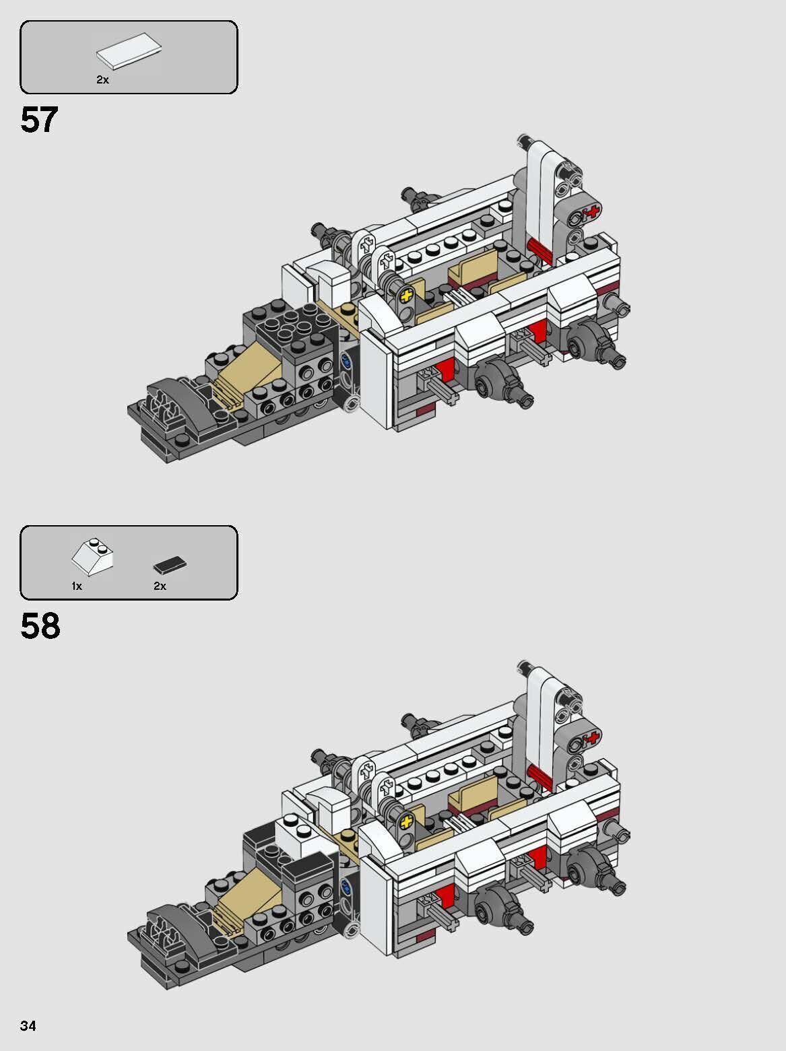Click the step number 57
[x=39, y=120]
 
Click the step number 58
[x=40, y=625]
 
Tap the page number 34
[x=28, y=1026]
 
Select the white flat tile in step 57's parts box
[x=129, y=52]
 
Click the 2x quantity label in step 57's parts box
[x=102, y=79]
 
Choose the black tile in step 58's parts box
[x=170, y=564]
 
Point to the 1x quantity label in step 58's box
[x=77, y=586]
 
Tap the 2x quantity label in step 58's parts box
[x=160, y=586]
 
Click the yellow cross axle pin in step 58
[x=406, y=821]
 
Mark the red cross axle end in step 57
[x=592, y=213]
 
